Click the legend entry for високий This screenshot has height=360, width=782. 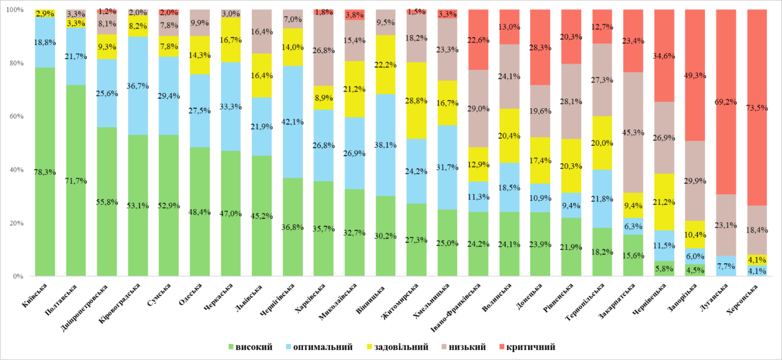click(x=250, y=347)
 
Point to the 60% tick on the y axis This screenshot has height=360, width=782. click(x=12, y=117)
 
